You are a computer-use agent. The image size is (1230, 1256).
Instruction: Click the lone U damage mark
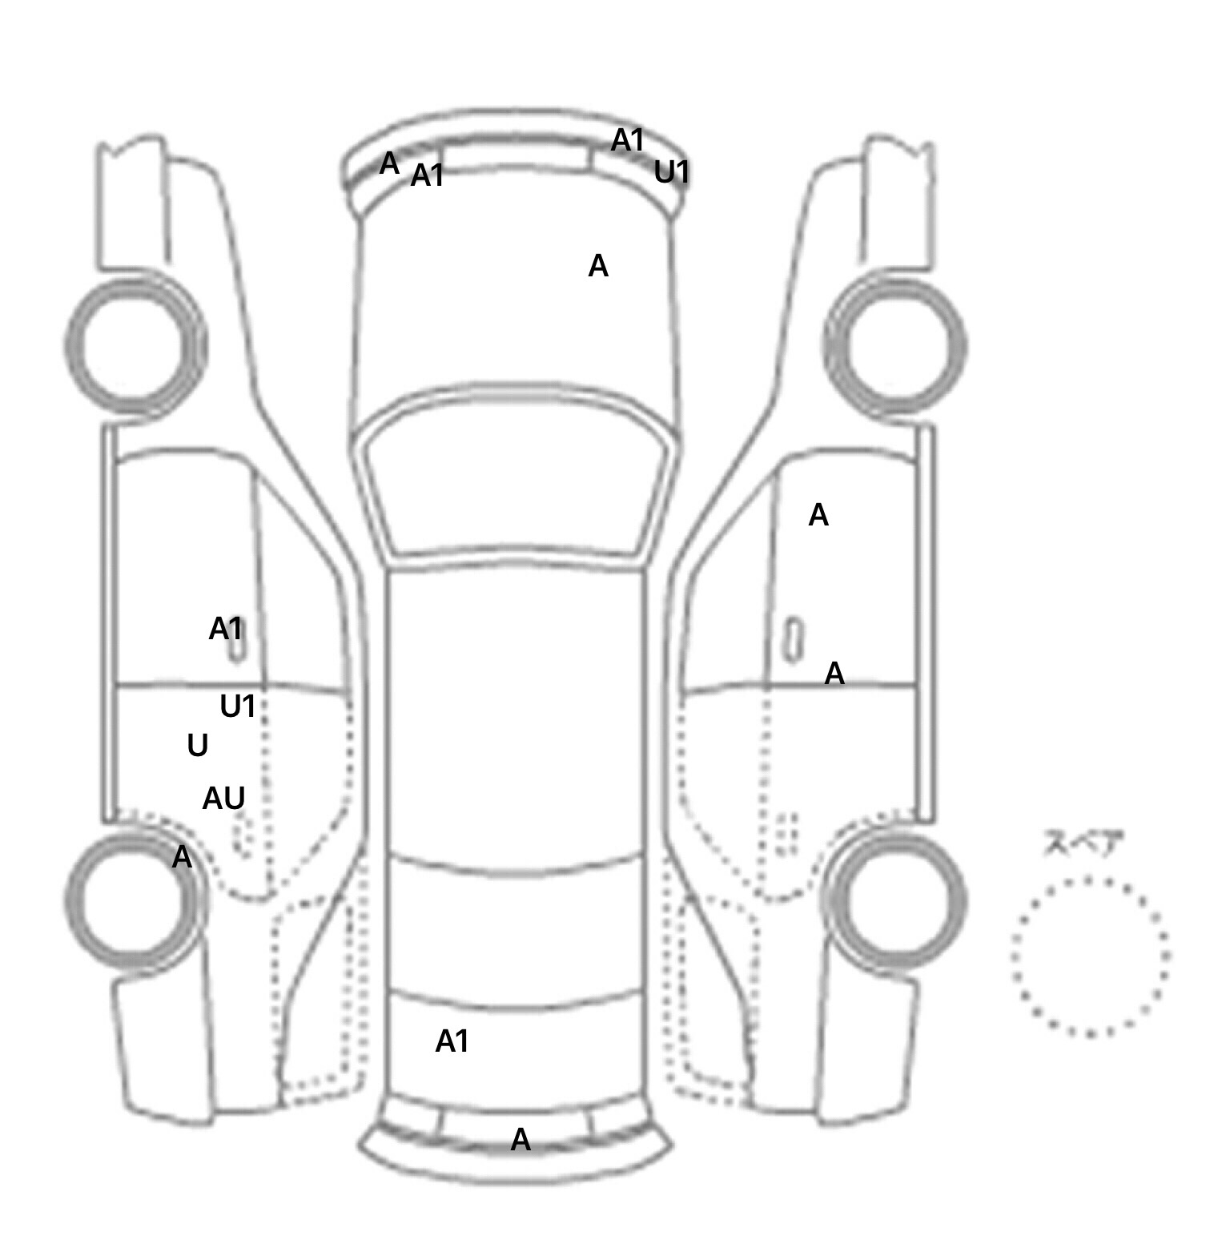[x=197, y=746]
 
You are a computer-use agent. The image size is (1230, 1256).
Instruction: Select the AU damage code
[x=223, y=798]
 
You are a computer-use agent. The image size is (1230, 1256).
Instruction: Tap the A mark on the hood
[x=598, y=266]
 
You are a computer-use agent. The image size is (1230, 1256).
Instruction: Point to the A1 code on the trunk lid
[x=452, y=1041]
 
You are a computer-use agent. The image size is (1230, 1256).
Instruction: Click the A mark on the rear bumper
[x=521, y=1139]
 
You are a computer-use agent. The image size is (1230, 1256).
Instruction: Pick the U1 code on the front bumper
[x=671, y=172]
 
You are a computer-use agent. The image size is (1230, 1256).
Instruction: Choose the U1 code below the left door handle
[x=238, y=706]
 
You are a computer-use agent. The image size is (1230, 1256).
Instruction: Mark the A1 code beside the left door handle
[x=225, y=629]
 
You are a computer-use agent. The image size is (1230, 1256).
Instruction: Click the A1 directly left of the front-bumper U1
[x=628, y=140]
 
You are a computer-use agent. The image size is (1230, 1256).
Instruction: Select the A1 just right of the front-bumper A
[x=427, y=175]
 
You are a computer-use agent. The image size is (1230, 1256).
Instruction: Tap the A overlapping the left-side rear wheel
[x=182, y=857]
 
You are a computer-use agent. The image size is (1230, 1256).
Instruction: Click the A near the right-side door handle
[x=834, y=674]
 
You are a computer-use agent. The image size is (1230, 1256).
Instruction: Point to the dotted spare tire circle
[x=1089, y=956]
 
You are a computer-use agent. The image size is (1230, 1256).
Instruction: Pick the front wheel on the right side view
[x=895, y=346]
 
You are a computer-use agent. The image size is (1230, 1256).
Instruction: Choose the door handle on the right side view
[x=793, y=639]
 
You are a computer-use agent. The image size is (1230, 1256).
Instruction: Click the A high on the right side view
[x=818, y=515]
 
